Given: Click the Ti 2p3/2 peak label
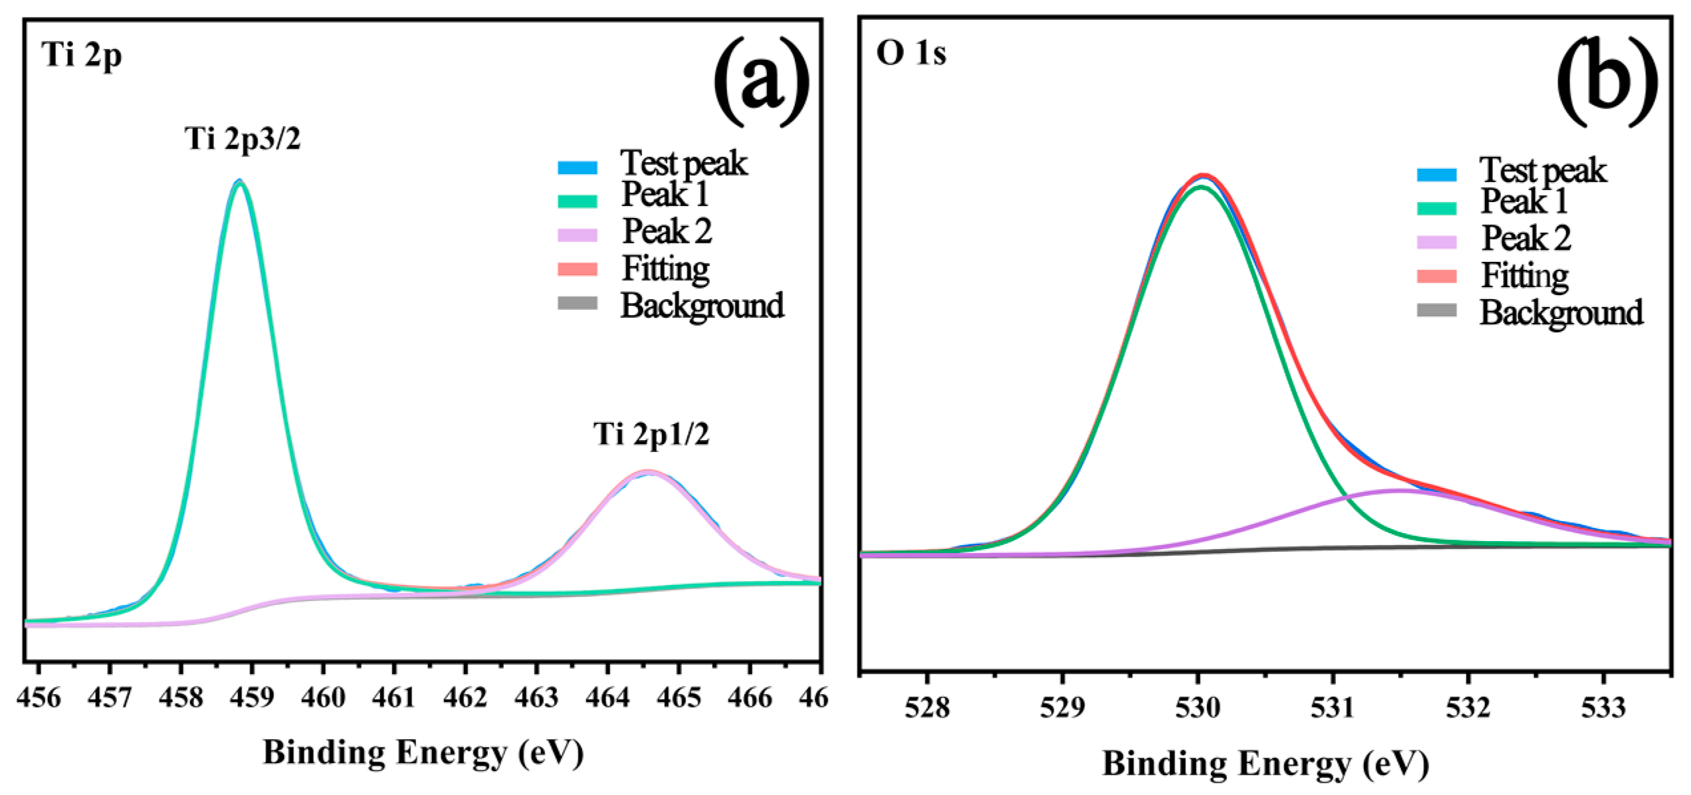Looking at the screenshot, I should coord(243,140).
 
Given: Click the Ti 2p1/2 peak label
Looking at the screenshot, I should coord(651,434).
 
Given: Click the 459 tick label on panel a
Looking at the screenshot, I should coord(251,697).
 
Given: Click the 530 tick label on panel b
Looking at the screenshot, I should coord(1198,708).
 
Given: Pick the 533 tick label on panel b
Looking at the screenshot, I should coord(1603,708).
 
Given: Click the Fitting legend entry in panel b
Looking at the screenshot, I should coord(1524,275).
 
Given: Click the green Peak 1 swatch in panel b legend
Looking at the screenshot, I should coord(1436,208).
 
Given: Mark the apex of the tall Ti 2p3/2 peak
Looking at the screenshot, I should coord(239,181).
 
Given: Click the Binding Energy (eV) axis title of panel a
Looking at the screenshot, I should coord(423,753).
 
